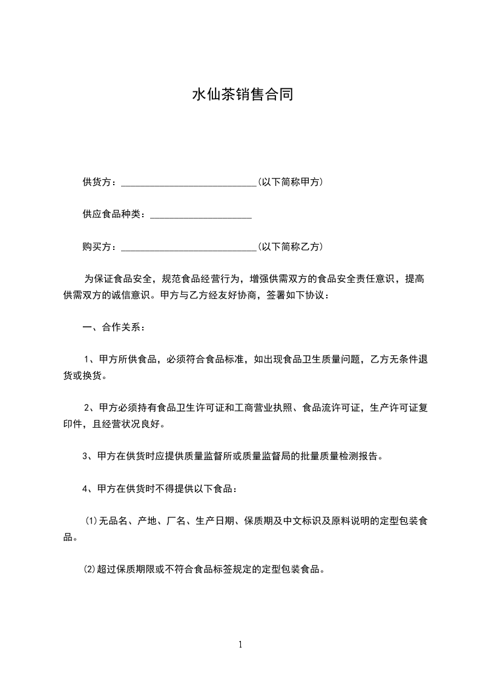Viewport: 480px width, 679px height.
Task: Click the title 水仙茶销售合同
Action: pyautogui.click(x=242, y=95)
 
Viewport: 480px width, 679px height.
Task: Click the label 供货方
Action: pyautogui.click(x=98, y=182)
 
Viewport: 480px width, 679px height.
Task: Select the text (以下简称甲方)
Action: pyautogui.click(x=290, y=182)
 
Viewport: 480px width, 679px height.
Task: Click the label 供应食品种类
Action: pyautogui.click(x=112, y=214)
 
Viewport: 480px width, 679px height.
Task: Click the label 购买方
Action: pyautogui.click(x=98, y=247)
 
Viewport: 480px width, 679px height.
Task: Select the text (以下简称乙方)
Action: pyautogui.click(x=290, y=247)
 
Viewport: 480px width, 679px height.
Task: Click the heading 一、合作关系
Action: pyautogui.click(x=113, y=327)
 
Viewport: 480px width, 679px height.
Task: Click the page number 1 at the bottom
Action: pyautogui.click(x=240, y=645)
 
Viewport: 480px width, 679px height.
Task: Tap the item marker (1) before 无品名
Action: pyautogui.click(x=91, y=521)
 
